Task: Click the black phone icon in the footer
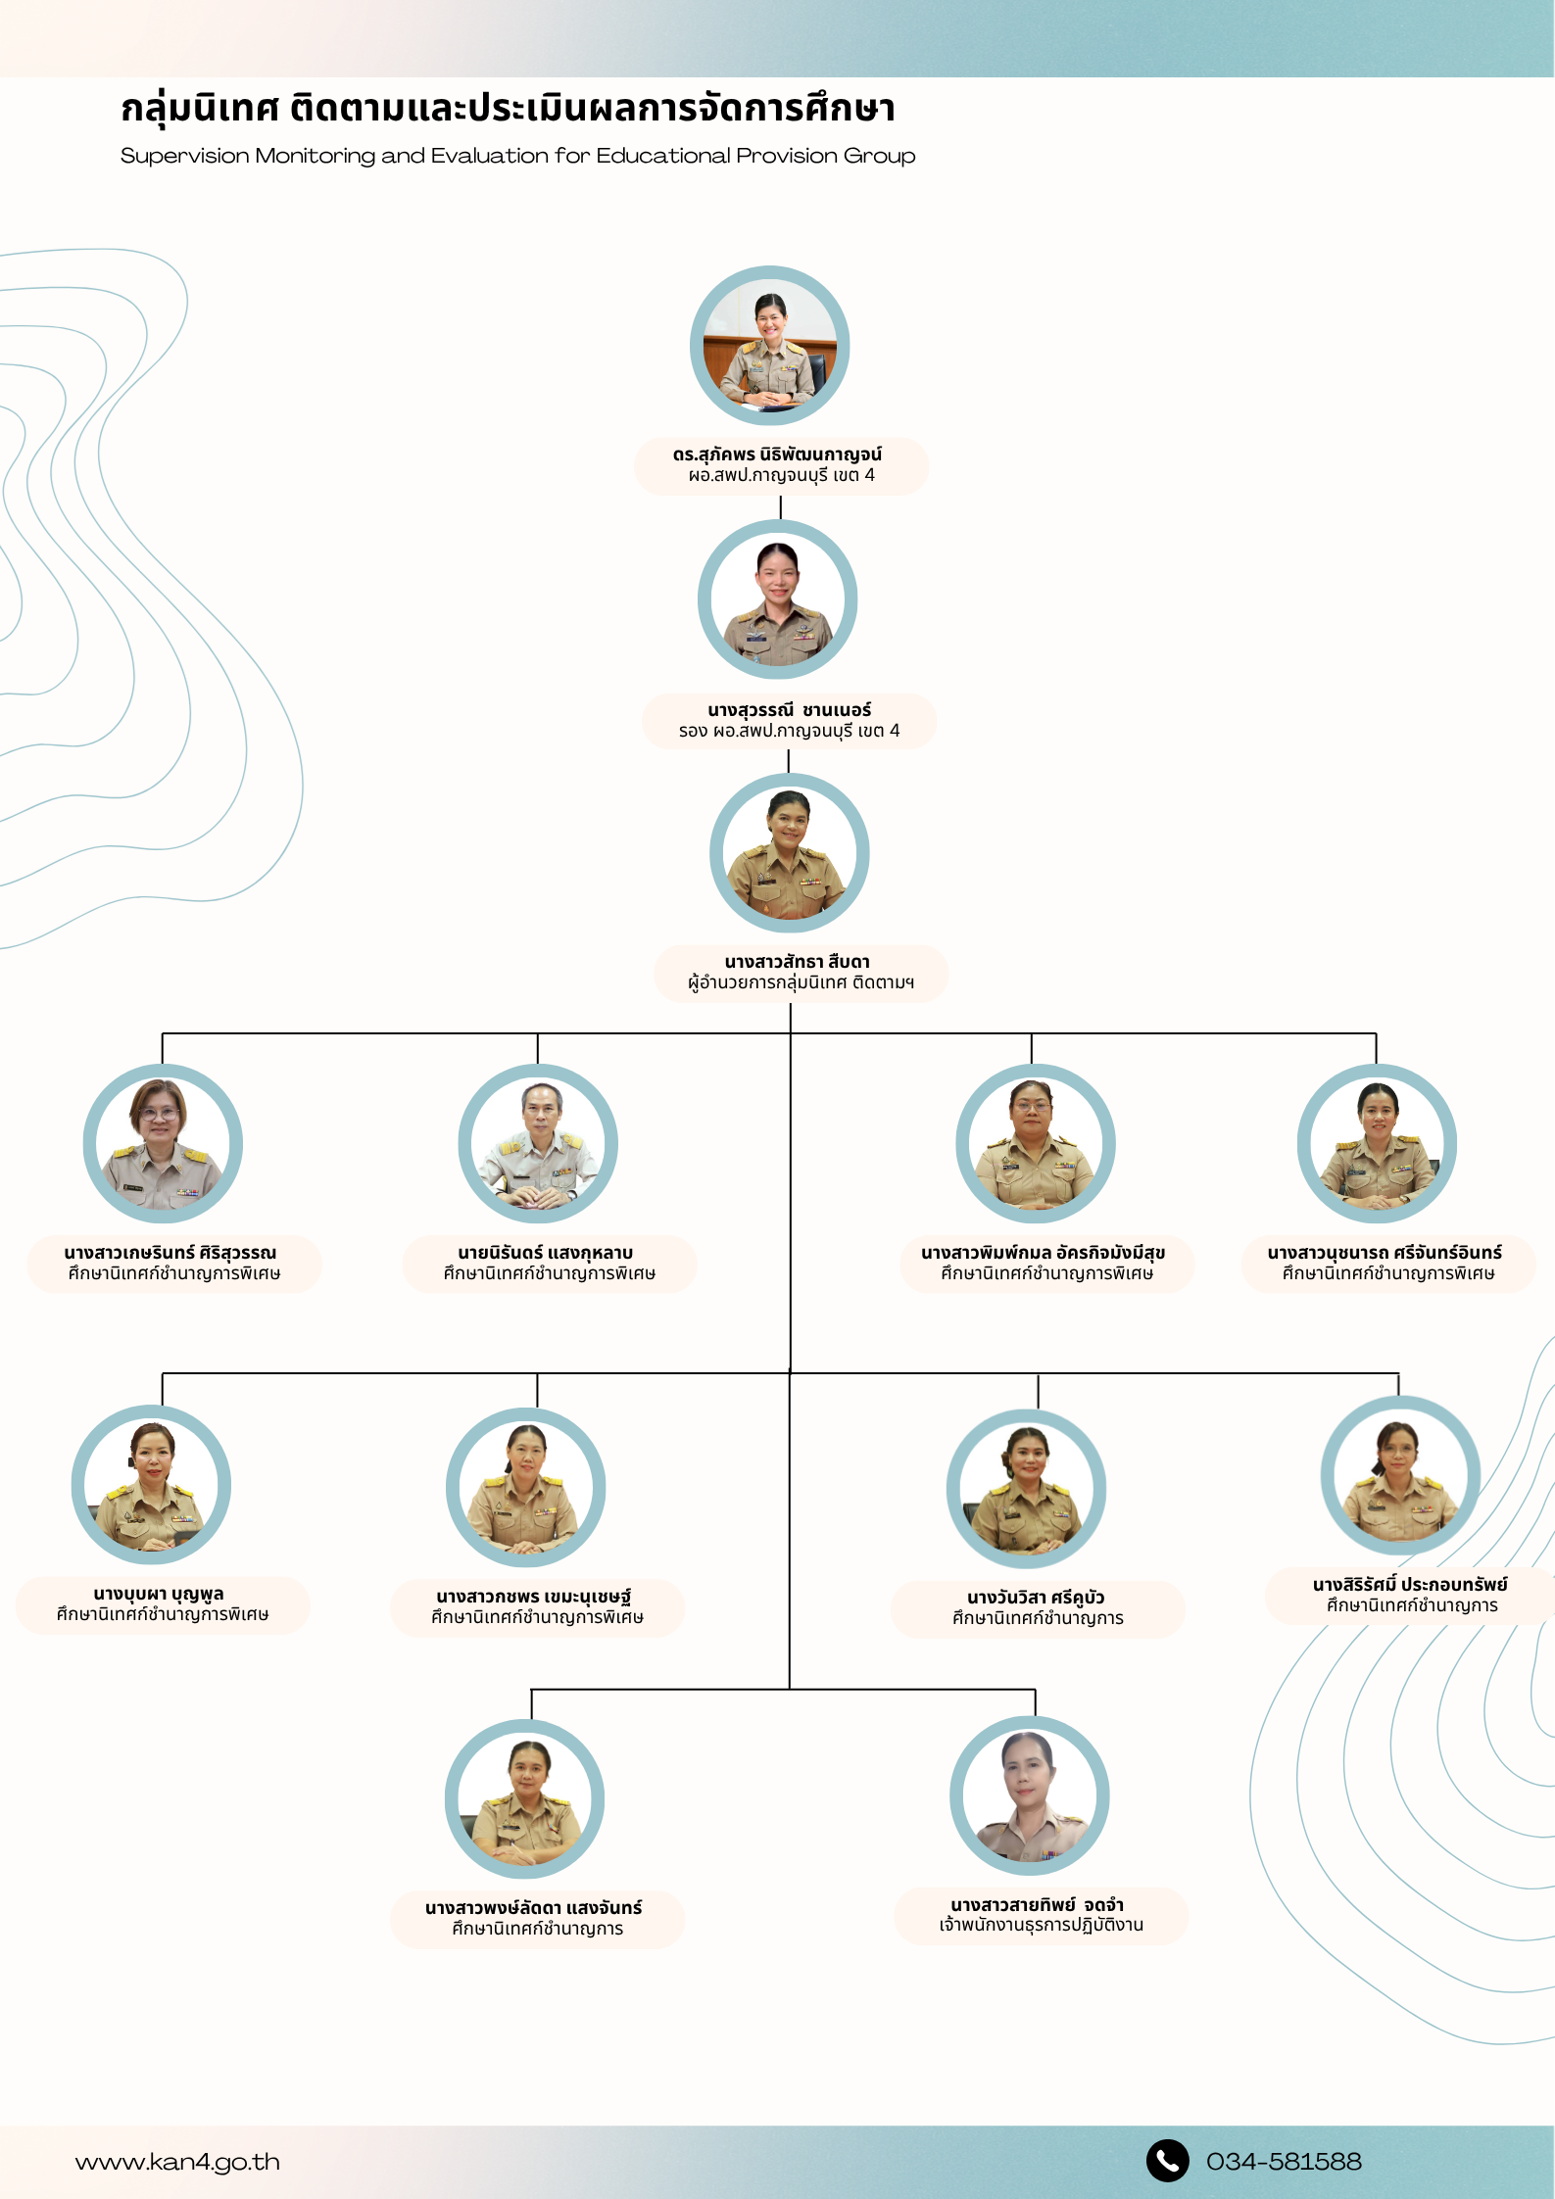point(1167,2160)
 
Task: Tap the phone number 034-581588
point(1284,2161)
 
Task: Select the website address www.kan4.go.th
point(177,2162)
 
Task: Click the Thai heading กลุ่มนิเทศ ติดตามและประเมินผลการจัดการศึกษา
point(508,108)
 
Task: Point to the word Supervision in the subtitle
point(185,156)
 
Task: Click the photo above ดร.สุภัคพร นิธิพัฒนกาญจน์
point(770,345)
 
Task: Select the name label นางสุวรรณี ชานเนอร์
point(789,710)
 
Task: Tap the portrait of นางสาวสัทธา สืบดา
point(790,852)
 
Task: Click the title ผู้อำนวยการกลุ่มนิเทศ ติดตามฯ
point(801,982)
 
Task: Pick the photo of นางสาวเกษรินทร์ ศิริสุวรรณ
point(163,1143)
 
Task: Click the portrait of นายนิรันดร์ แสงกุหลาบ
point(538,1143)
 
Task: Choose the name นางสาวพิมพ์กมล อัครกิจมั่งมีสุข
point(1043,1253)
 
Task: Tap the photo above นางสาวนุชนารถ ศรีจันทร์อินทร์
point(1377,1143)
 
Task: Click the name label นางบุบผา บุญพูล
point(159,1594)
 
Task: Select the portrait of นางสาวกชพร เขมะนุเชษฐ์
point(526,1487)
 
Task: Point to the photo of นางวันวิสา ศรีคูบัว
point(1027,1489)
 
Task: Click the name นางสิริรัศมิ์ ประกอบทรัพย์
point(1410,1584)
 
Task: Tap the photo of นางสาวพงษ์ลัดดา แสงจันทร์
point(525,1798)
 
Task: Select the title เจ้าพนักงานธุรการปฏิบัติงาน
point(1042,1925)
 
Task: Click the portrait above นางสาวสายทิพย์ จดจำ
point(1030,1795)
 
